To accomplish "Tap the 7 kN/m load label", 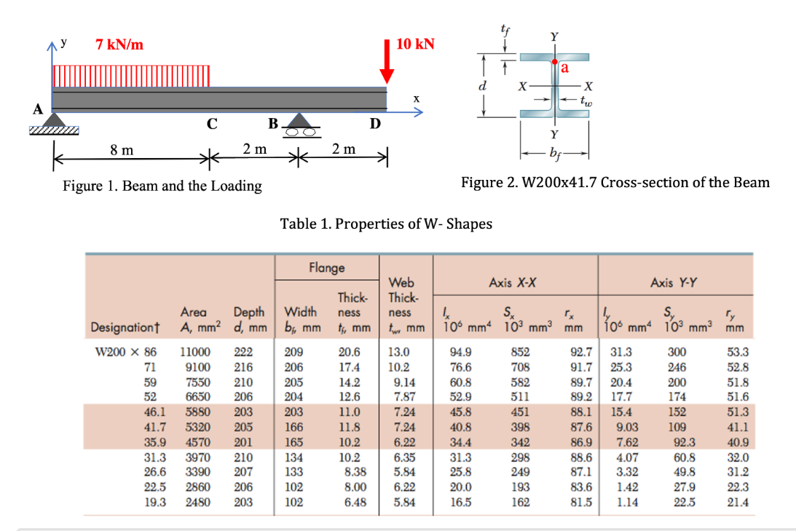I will pyautogui.click(x=119, y=44).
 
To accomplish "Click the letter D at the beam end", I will pyautogui.click(x=374, y=124).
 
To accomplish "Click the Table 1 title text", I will pyautogui.click(x=386, y=224).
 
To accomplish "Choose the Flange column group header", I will pyautogui.click(x=326, y=268).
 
